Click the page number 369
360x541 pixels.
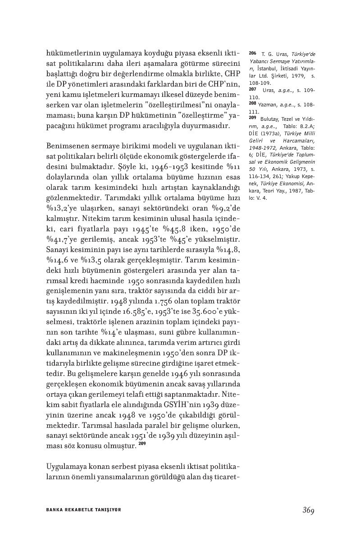tap(308, 510)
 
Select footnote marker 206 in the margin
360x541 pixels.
tap(252, 53)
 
